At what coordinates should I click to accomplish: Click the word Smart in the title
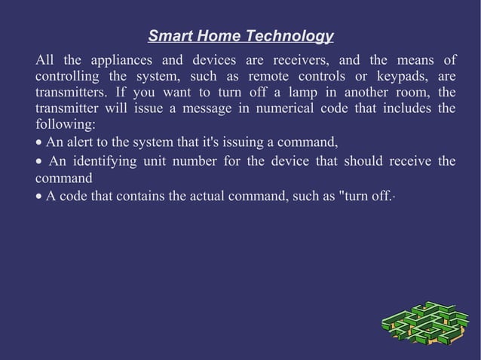point(167,36)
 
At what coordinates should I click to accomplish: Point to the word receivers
point(296,60)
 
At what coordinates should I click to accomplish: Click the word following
point(65,124)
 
